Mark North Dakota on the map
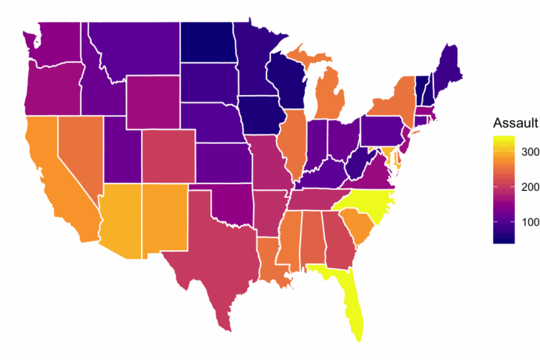(208, 41)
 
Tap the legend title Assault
(515, 123)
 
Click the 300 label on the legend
(529, 151)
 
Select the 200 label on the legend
(529, 186)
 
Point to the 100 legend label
(529, 221)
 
